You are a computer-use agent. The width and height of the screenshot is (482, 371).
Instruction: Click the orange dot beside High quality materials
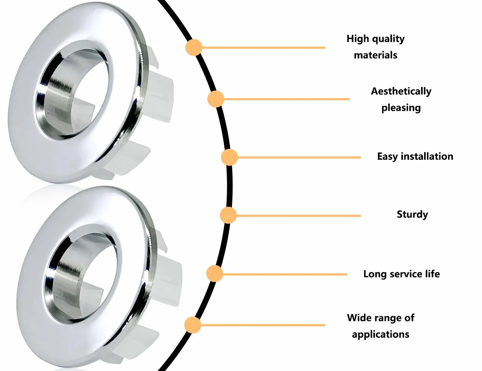[x=194, y=47]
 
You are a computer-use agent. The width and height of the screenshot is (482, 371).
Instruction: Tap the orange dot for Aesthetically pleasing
[x=216, y=99]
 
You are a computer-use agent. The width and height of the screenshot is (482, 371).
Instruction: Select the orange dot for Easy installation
[x=229, y=157]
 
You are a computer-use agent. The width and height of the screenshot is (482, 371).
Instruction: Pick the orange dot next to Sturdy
[x=228, y=215]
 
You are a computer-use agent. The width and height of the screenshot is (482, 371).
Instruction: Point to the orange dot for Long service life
[x=215, y=274]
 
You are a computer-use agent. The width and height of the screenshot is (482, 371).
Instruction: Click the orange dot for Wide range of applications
[x=193, y=325]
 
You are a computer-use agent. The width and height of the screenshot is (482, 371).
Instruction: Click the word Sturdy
[x=412, y=215]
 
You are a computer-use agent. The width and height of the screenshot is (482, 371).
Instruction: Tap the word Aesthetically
[x=401, y=91]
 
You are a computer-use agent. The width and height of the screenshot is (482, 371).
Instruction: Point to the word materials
[x=376, y=55]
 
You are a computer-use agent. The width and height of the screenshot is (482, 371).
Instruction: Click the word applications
[x=380, y=334]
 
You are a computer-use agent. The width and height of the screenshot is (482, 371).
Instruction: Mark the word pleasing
[x=401, y=108]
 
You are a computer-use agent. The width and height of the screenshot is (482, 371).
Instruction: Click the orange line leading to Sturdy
[x=299, y=216]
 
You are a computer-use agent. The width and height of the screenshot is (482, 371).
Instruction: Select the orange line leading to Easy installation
[x=299, y=157]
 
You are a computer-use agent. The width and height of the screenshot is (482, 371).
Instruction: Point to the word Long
[x=375, y=274]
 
